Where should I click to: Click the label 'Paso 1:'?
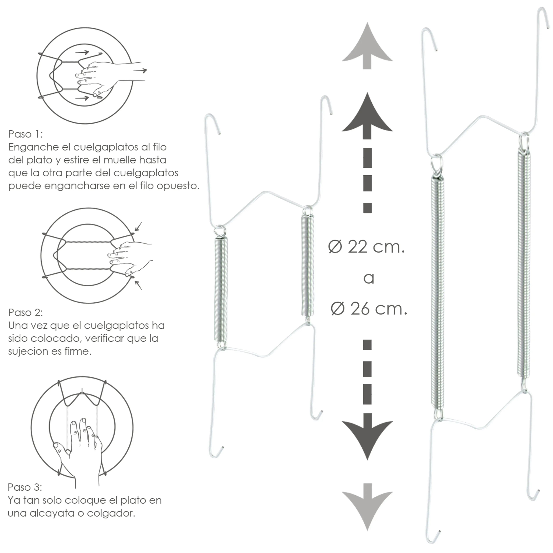(x=25, y=134)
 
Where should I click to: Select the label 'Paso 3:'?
(x=25, y=487)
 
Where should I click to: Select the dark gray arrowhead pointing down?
(x=367, y=436)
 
